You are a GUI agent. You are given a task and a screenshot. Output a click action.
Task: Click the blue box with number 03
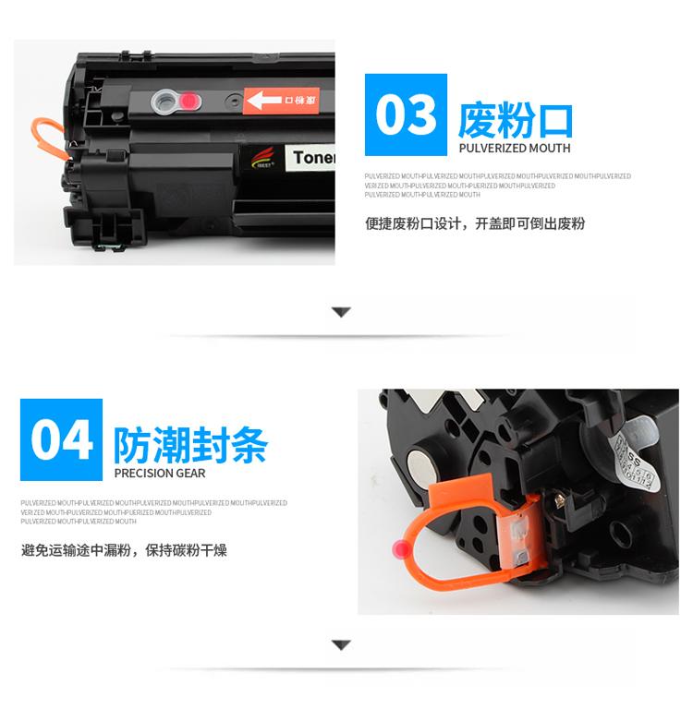[407, 114]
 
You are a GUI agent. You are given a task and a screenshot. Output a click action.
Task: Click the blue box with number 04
[62, 439]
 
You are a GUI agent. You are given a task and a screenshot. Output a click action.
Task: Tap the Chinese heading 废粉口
[516, 121]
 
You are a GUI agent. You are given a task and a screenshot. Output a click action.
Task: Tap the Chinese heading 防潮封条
[190, 445]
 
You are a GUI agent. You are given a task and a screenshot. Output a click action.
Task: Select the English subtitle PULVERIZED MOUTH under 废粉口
[514, 148]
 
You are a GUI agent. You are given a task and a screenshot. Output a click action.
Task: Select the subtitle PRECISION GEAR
[160, 474]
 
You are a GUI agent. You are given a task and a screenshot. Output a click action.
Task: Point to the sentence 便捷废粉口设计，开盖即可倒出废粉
[475, 223]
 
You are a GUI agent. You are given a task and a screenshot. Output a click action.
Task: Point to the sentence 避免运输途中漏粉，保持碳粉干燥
[124, 550]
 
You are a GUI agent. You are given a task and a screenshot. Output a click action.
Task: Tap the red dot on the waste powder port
[188, 100]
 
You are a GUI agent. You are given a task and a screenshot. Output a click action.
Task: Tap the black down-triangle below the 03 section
[341, 313]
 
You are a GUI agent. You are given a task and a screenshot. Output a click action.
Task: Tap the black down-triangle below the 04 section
[341, 644]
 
